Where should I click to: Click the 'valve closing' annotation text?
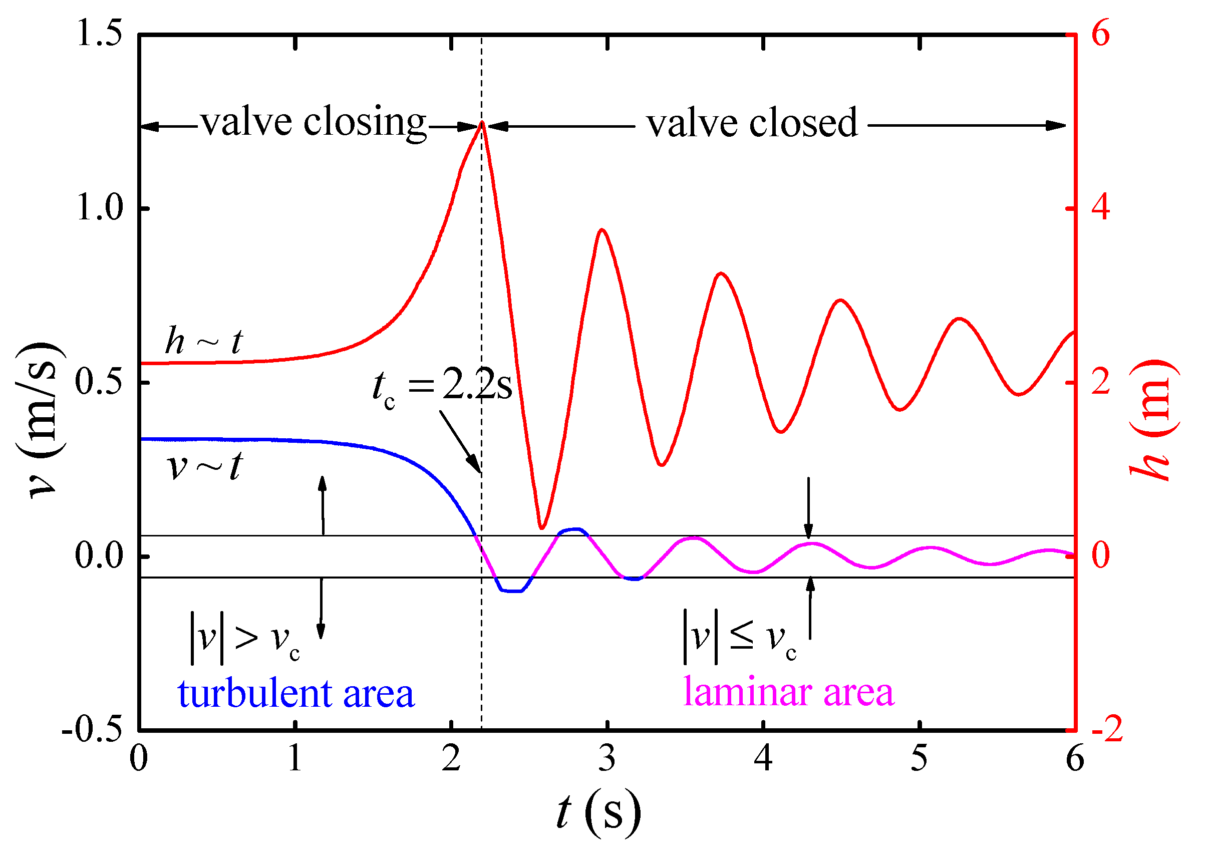click(313, 123)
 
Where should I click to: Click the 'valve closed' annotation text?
click(752, 124)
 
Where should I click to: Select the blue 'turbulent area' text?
click(295, 694)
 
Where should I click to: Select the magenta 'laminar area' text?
click(788, 692)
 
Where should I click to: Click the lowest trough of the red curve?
click(542, 527)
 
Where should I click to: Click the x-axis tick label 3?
click(607, 759)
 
